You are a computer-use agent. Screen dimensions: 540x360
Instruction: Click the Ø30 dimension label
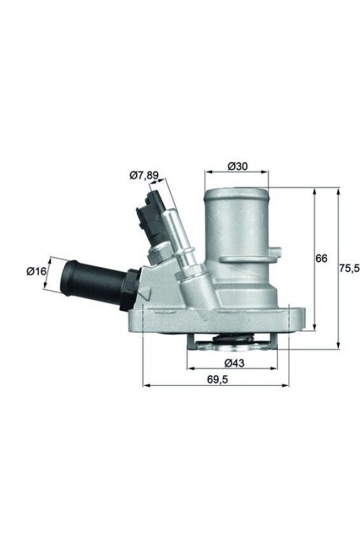(238, 166)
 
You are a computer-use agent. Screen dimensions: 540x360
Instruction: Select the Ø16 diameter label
(37, 271)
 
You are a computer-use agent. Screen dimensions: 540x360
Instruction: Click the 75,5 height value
(348, 268)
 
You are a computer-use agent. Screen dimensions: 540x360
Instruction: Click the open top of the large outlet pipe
(237, 194)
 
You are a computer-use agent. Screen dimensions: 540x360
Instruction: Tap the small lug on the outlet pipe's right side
(275, 252)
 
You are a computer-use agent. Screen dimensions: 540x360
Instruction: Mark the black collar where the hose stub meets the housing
(130, 288)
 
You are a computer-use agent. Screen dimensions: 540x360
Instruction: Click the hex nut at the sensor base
(159, 253)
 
